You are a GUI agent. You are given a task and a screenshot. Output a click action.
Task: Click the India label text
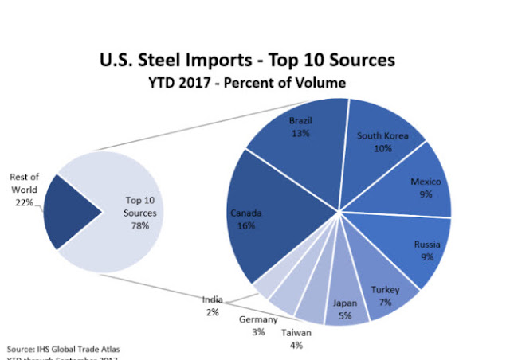(x=212, y=300)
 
